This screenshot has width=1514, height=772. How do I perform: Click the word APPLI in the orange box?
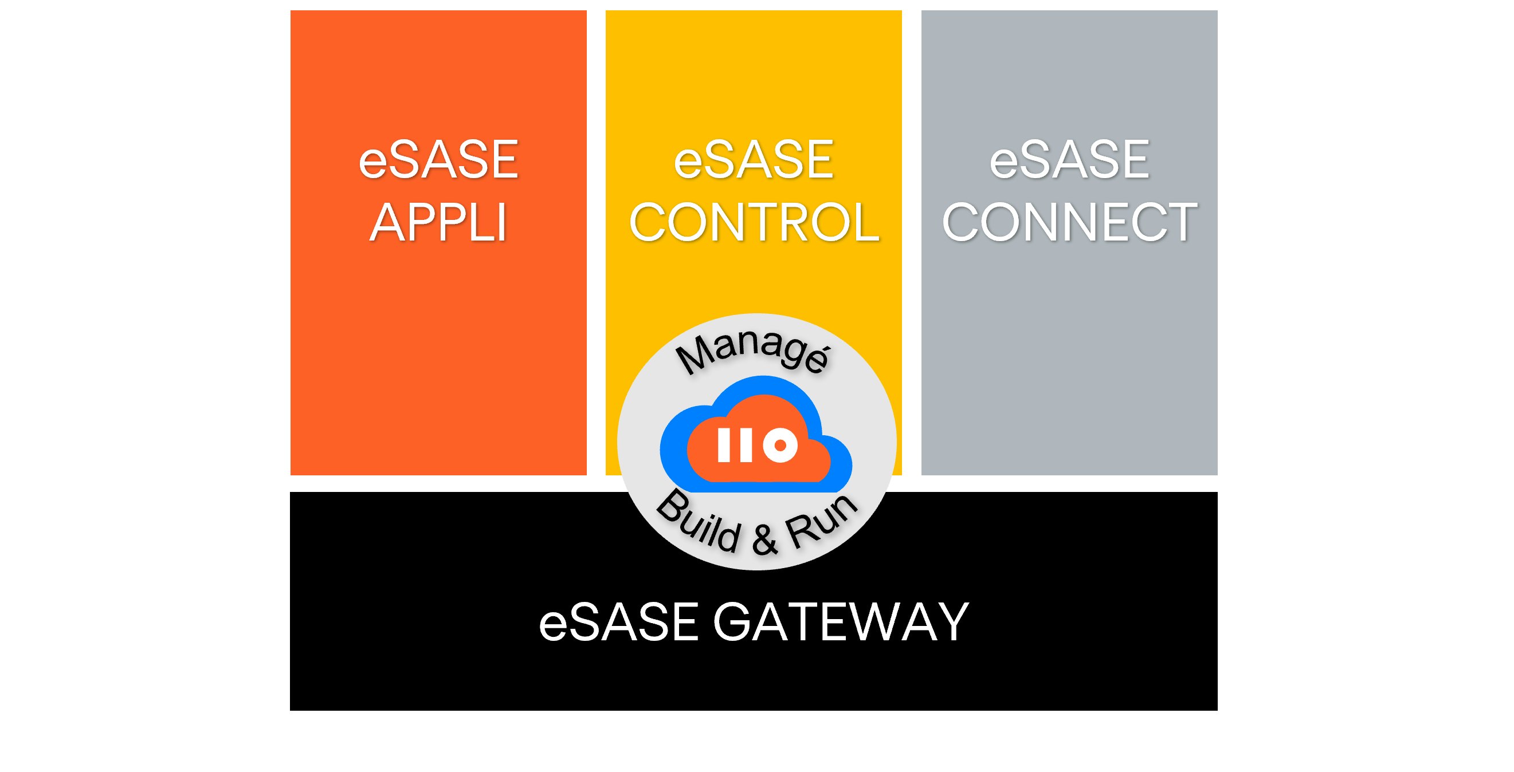point(438,223)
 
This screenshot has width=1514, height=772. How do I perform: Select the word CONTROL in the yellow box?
point(754,223)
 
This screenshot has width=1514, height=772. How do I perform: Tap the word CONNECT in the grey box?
point(1069,223)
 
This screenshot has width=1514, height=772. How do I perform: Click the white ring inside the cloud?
point(780,446)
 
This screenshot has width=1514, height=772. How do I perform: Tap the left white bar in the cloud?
point(724,445)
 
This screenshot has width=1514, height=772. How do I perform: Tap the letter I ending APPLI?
point(501,223)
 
